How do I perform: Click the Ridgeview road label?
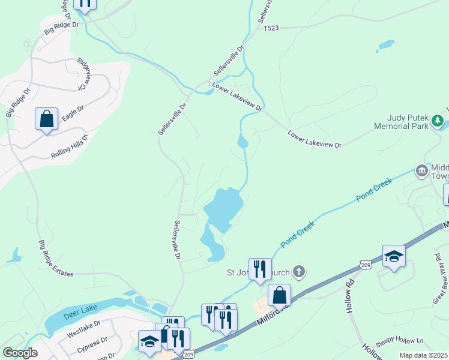click(86, 74)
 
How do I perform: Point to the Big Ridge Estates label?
click(56, 259)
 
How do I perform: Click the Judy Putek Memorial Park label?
click(401, 122)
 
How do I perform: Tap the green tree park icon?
click(439, 122)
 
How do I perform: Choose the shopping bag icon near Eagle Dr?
click(46, 119)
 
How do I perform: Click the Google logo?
click(20, 353)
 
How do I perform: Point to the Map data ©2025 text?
click(423, 355)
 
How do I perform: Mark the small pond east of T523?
click(386, 45)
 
